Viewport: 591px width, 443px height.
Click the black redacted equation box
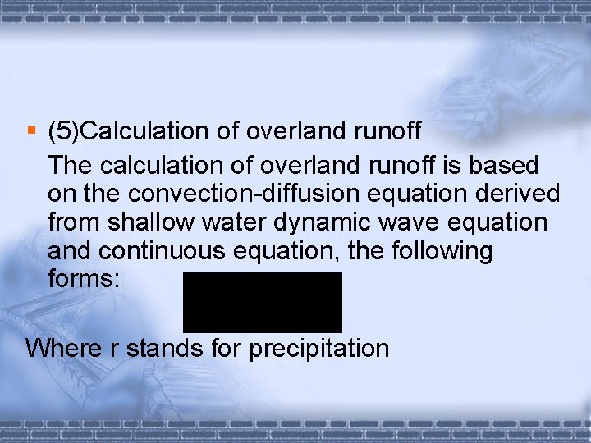click(262, 302)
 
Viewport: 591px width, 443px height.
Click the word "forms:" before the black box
click(85, 278)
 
